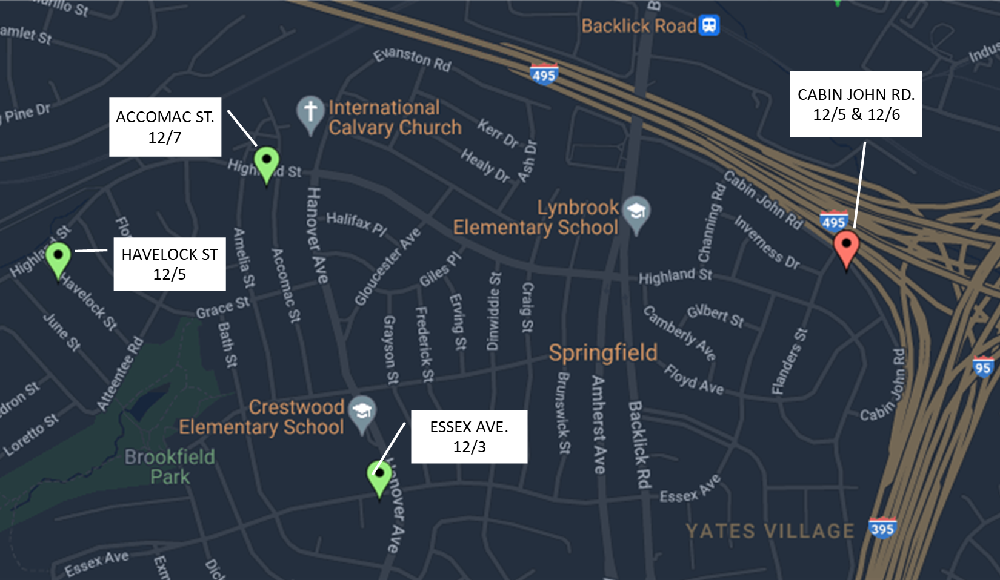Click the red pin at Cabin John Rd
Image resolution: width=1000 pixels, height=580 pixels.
pyautogui.click(x=846, y=247)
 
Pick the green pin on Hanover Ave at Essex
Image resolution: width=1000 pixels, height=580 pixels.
pyautogui.click(x=379, y=476)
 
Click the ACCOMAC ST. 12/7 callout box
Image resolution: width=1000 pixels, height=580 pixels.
pyautogui.click(x=165, y=127)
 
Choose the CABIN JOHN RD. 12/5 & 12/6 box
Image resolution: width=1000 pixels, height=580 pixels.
pyautogui.click(x=856, y=104)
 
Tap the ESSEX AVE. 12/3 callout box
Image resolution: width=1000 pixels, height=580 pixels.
pyautogui.click(x=469, y=437)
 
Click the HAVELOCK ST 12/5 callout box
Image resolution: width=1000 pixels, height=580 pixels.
pyautogui.click(x=170, y=264)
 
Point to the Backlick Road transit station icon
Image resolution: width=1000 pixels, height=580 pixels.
pyautogui.click(x=709, y=25)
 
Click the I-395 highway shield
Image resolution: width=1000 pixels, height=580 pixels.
pyautogui.click(x=882, y=528)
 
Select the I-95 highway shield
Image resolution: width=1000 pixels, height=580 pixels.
pyautogui.click(x=982, y=367)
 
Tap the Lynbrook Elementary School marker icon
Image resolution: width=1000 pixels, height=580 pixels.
pyautogui.click(x=636, y=212)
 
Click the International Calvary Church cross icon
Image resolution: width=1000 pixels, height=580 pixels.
pyautogui.click(x=310, y=112)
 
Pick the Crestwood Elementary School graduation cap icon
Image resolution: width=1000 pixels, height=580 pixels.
pyautogui.click(x=362, y=412)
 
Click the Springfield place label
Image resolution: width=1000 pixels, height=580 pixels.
pyautogui.click(x=603, y=352)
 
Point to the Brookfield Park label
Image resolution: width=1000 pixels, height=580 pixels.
pyautogui.click(x=170, y=466)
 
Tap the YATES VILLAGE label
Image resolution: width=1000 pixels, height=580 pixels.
pyautogui.click(x=770, y=531)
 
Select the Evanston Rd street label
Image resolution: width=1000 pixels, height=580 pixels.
pyautogui.click(x=412, y=59)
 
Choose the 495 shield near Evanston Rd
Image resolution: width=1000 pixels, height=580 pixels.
pyautogui.click(x=544, y=75)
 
